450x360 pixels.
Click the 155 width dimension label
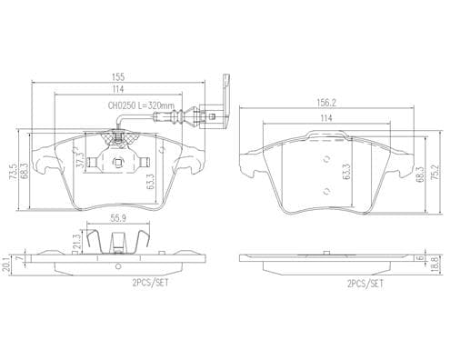(118, 76)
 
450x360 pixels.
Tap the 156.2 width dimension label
(326, 103)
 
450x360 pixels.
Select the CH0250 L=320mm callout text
(142, 105)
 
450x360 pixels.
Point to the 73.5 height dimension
(14, 174)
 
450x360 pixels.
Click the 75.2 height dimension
(435, 173)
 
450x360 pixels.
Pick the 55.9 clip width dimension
(118, 218)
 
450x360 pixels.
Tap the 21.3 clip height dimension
(77, 242)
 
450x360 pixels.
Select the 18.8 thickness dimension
(435, 265)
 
